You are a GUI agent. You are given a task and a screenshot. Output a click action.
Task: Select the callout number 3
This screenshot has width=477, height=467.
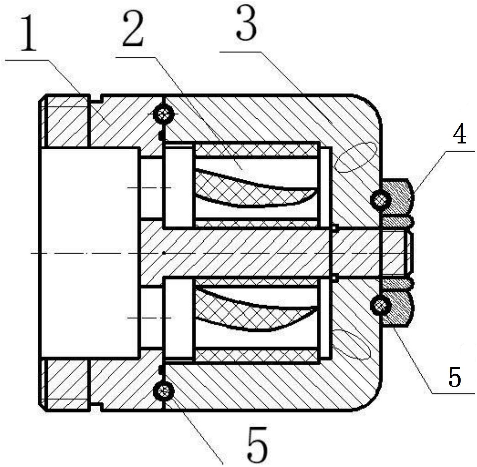pyautogui.click(x=246, y=24)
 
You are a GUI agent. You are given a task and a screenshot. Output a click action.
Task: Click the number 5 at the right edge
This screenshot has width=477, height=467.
pyautogui.click(x=455, y=377)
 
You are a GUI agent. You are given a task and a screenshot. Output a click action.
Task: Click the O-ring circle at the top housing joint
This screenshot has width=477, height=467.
pyautogui.click(x=163, y=114)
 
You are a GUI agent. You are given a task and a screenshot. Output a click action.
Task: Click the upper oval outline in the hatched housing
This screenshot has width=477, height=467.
pyautogui.click(x=356, y=157)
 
